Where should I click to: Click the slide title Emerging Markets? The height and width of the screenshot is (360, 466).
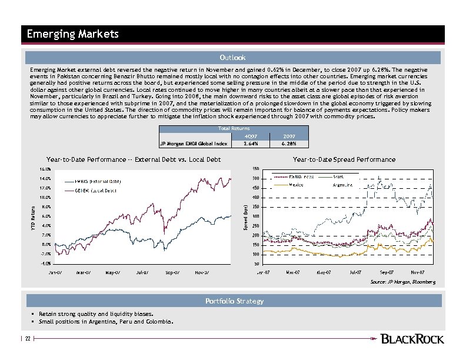pyautogui.click(x=73, y=34)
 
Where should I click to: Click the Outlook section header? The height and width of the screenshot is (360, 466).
pyautogui.click(x=232, y=58)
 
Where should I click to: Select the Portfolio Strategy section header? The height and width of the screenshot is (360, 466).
pyautogui.click(x=234, y=301)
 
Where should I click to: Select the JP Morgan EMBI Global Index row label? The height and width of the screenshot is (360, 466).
pyautogui.click(x=194, y=142)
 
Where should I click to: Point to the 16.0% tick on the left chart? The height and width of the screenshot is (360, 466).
pyautogui.click(x=45, y=169)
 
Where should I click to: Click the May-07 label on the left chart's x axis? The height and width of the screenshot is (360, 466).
pyautogui.click(x=114, y=272)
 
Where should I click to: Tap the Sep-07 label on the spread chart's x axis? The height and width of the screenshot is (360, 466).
pyautogui.click(x=387, y=272)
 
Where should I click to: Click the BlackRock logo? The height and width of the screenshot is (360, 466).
pyautogui.click(x=412, y=339)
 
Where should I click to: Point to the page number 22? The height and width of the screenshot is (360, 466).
pyautogui.click(x=27, y=339)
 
